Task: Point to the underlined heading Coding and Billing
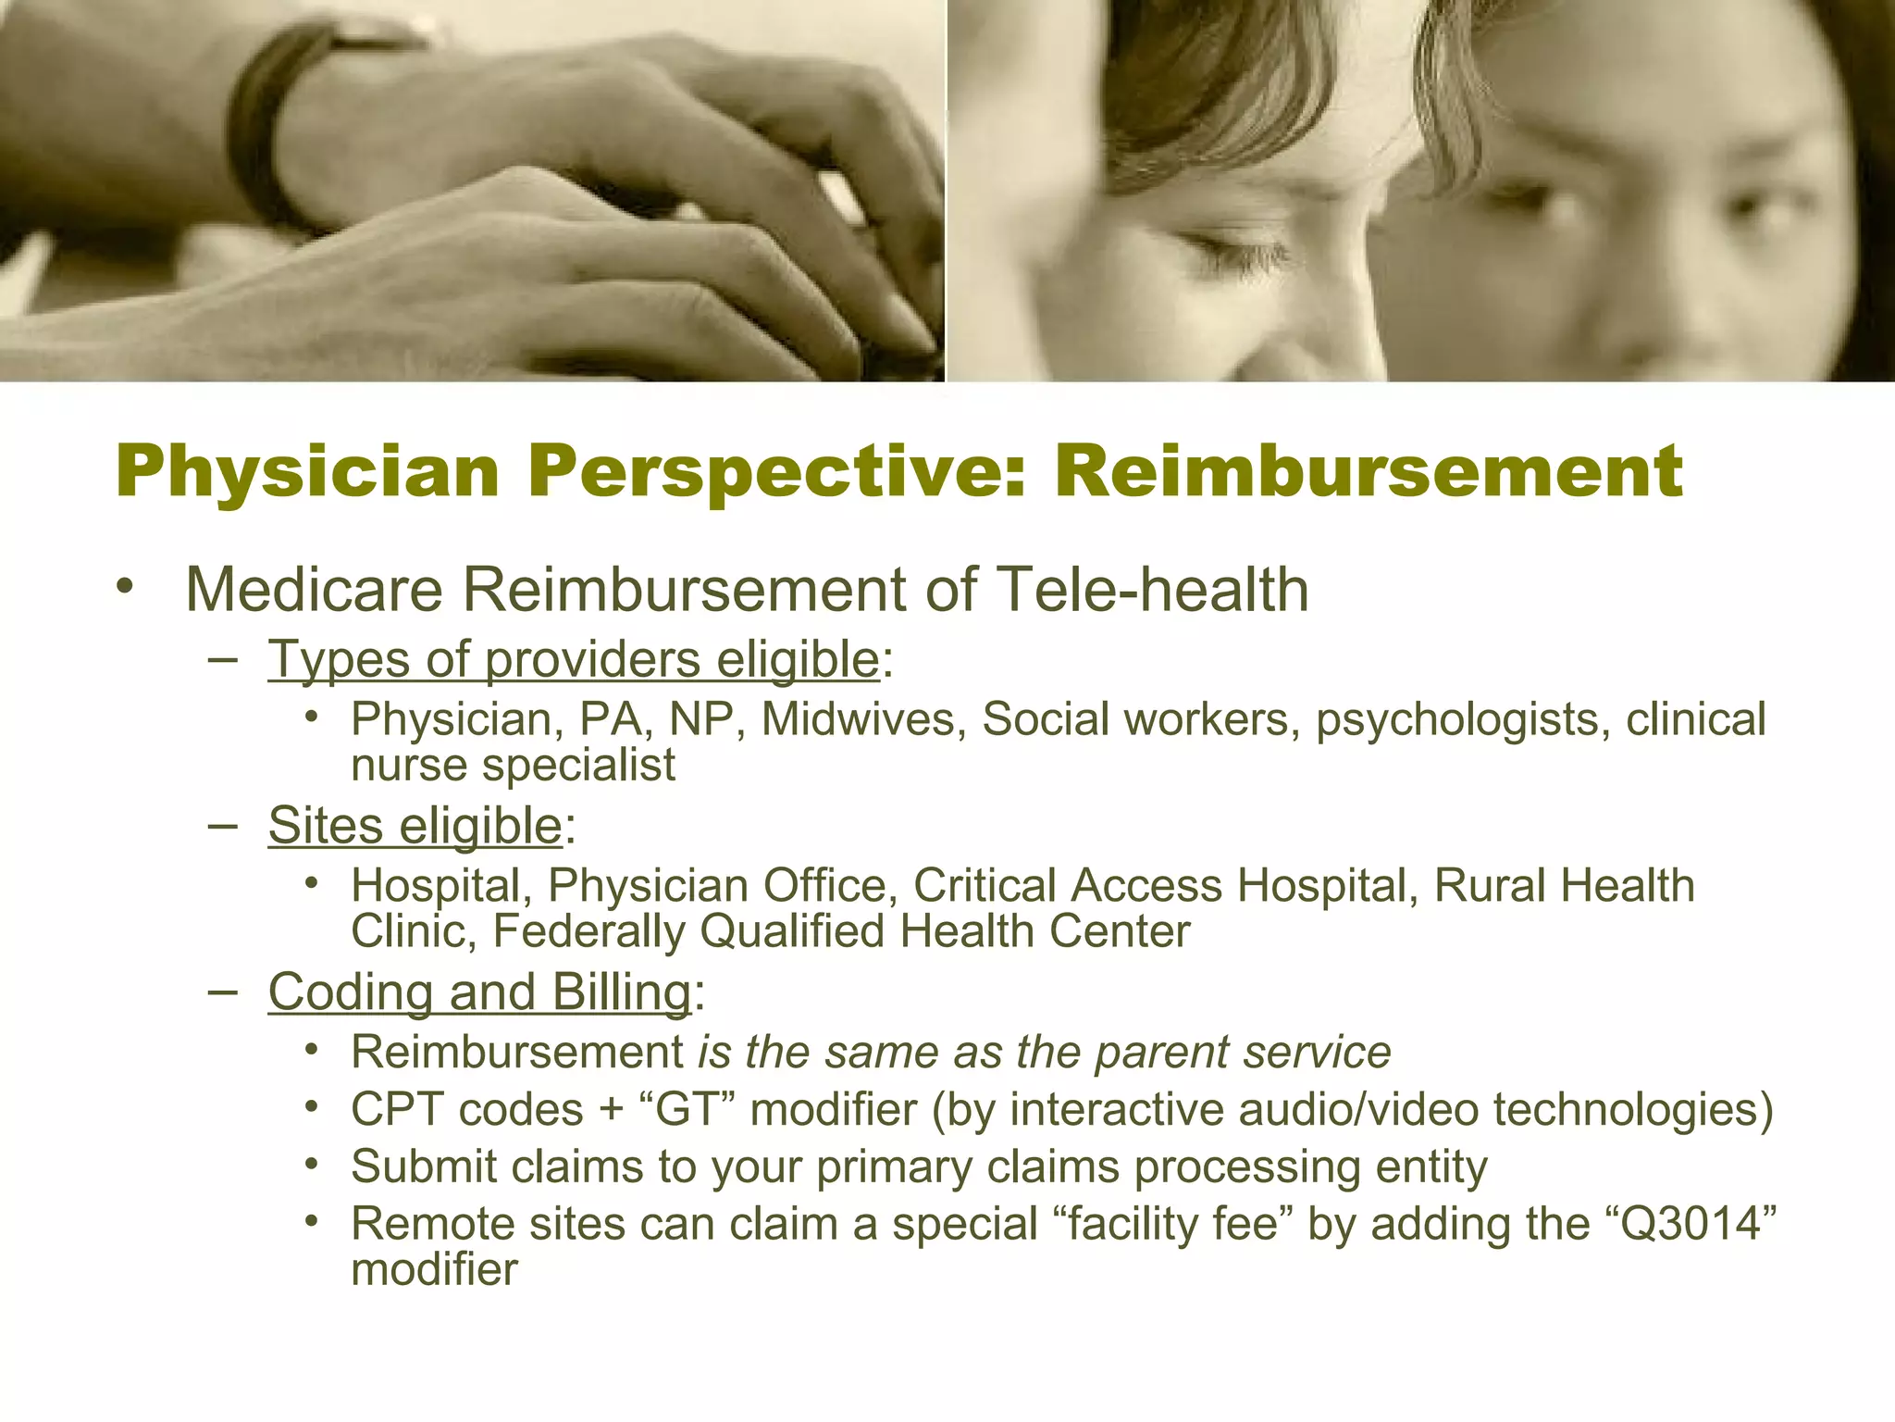click(x=479, y=992)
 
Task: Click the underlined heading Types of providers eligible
click(x=573, y=659)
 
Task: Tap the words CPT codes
click(x=466, y=1109)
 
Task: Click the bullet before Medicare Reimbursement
click(x=126, y=588)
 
